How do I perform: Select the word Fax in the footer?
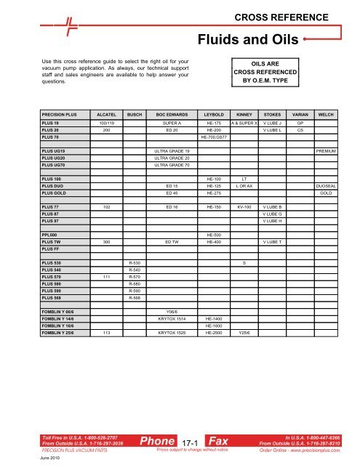218,440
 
